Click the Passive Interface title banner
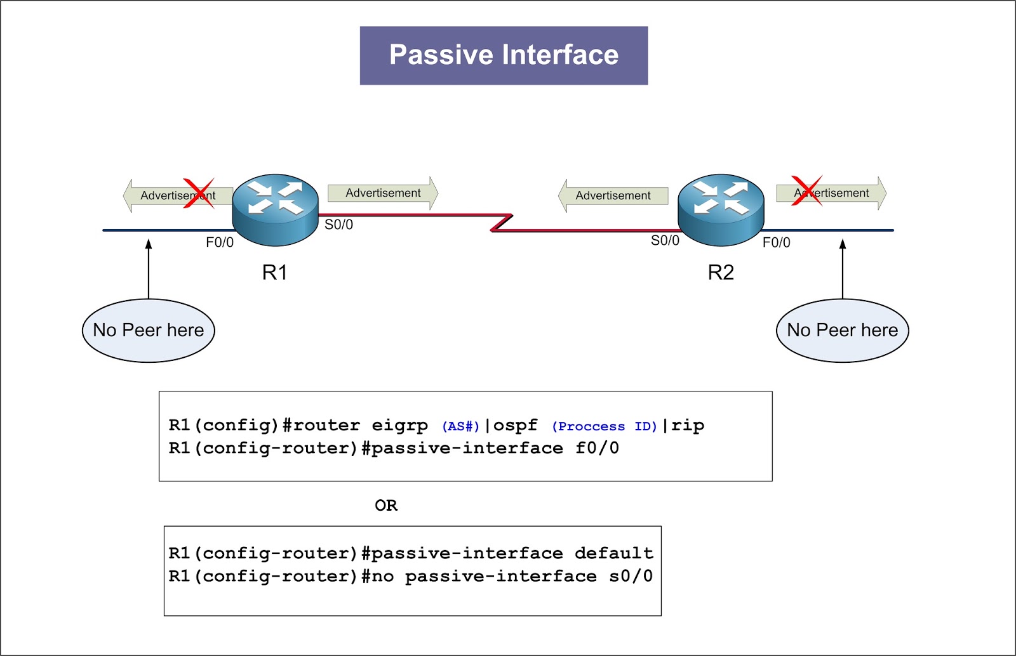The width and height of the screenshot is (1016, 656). point(504,55)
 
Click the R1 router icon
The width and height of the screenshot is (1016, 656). point(275,209)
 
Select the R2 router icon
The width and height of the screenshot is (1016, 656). point(721,209)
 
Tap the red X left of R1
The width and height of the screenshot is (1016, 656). point(199,194)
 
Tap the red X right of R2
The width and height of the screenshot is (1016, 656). point(806,191)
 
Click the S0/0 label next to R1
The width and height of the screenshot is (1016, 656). point(338,225)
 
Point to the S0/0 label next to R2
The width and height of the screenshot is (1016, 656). point(665,240)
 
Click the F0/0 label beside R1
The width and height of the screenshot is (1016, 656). point(220,242)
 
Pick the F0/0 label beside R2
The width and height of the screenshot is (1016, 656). point(776,242)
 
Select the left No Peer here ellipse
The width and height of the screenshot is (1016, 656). point(149,331)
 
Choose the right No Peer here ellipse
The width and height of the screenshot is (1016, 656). point(842,331)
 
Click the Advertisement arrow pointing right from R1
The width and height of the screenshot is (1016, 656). point(383,193)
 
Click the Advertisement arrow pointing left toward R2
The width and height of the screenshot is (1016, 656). point(613,195)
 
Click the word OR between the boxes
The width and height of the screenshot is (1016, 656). point(386,506)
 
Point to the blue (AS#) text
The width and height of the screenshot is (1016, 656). point(460,426)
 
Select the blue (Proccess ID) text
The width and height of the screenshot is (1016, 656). point(604,426)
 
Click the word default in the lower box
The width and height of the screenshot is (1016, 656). point(613,553)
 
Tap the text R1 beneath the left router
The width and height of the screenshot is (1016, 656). point(275,273)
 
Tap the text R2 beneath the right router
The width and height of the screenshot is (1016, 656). point(721,273)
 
